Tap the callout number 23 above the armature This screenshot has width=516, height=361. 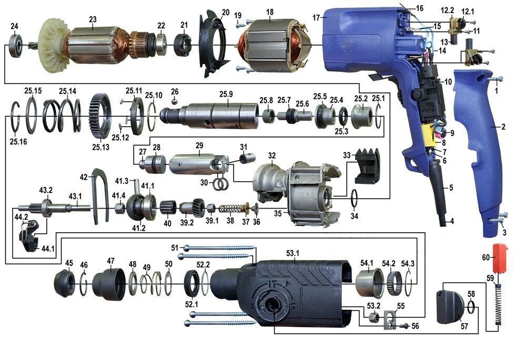(93, 19)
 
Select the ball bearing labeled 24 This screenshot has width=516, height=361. (15, 44)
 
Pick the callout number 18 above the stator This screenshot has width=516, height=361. (270, 12)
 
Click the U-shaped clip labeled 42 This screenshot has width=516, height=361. (100, 196)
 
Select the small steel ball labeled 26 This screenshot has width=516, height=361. (175, 101)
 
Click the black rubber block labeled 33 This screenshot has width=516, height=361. (367, 166)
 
